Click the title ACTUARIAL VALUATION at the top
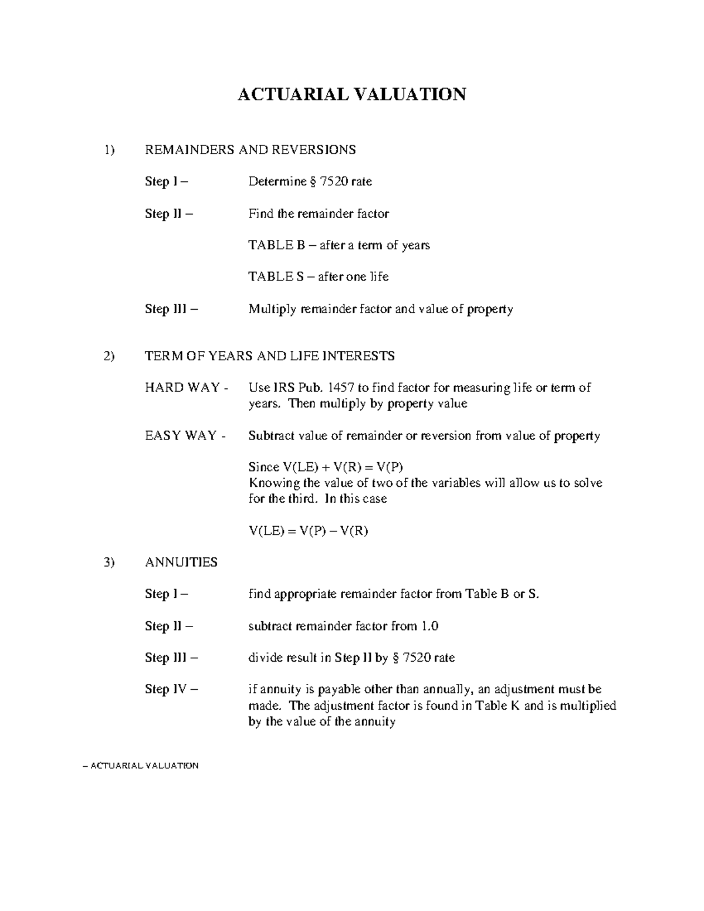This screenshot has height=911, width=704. click(x=351, y=94)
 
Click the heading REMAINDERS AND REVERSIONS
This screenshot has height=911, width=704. click(x=250, y=150)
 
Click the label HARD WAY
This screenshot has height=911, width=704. click(x=182, y=388)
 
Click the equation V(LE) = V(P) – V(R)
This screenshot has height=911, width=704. click(x=309, y=531)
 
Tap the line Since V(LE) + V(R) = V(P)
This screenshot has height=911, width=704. click(x=326, y=468)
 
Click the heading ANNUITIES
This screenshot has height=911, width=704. click(x=181, y=562)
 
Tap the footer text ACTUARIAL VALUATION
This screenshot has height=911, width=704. click(x=144, y=766)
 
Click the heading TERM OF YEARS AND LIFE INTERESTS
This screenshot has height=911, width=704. click(x=269, y=356)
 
